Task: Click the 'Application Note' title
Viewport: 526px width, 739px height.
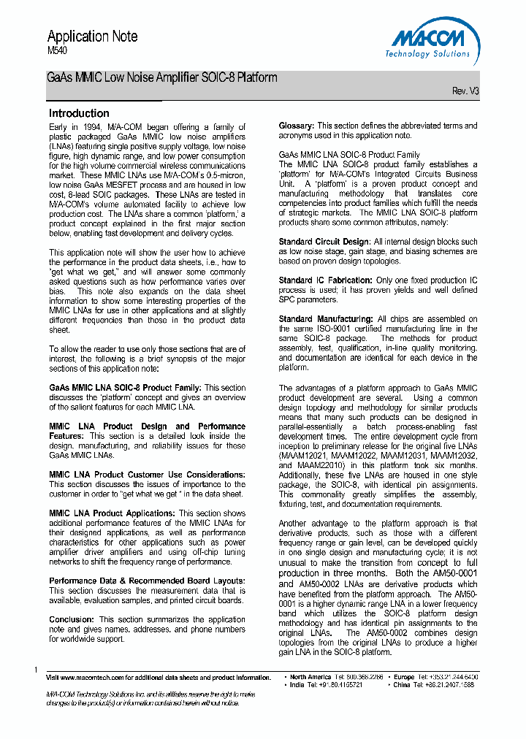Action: (x=92, y=37)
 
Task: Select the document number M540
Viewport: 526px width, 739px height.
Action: (x=57, y=53)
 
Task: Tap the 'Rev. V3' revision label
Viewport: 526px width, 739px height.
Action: (x=465, y=91)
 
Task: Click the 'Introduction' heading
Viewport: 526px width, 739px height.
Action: (x=79, y=113)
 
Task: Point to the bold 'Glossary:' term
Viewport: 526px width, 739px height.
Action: (x=296, y=126)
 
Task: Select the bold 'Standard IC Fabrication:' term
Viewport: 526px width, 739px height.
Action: (x=325, y=280)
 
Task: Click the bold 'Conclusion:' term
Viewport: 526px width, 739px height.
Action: (x=71, y=619)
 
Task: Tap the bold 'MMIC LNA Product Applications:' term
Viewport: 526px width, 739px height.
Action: (x=112, y=513)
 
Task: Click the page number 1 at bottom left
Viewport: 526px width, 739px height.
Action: (x=36, y=670)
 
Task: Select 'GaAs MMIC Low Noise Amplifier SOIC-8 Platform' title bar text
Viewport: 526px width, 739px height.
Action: (x=162, y=77)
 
